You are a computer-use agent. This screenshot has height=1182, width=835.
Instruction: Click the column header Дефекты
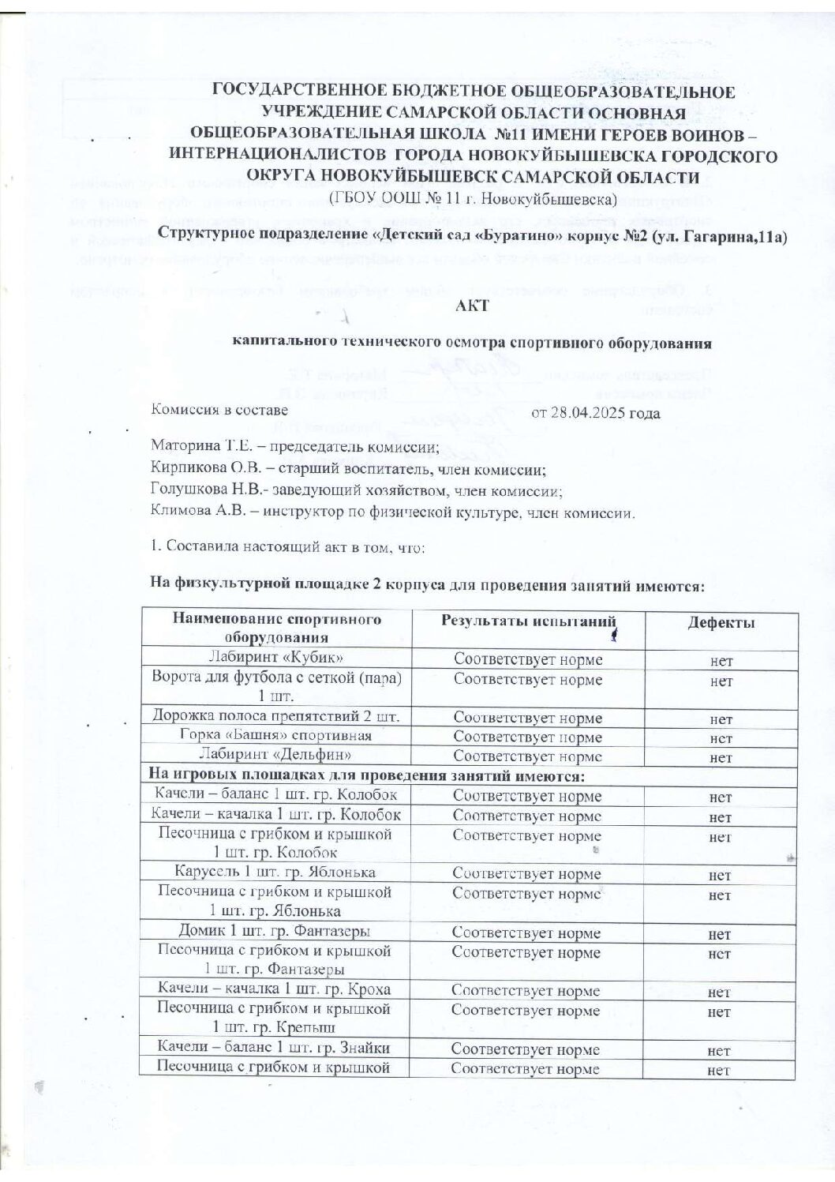(x=721, y=622)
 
